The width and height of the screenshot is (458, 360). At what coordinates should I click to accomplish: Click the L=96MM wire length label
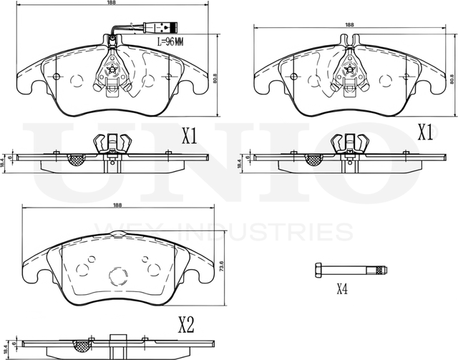[170, 42]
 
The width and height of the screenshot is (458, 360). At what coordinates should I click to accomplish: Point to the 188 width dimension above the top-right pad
[349, 25]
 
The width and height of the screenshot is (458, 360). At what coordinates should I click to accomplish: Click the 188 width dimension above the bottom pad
[117, 205]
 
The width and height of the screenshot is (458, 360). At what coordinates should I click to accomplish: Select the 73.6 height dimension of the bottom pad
[222, 267]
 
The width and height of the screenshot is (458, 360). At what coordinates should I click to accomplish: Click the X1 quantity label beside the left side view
[189, 137]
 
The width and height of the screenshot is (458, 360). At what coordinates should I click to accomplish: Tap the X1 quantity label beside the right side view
[426, 132]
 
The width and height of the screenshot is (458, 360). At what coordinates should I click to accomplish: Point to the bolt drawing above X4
[350, 270]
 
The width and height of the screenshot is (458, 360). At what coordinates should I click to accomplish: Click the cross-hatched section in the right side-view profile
[313, 160]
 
